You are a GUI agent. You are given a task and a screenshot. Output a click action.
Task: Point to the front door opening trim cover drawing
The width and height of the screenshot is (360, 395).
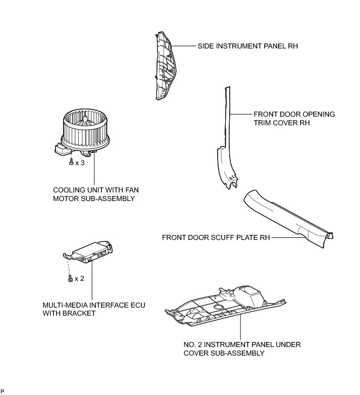[x=226, y=152]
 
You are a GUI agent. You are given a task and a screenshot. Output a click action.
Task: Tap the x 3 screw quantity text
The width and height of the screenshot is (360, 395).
[x=79, y=163]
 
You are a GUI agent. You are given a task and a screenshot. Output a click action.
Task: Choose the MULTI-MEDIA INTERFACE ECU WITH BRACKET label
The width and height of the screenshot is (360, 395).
[x=94, y=309]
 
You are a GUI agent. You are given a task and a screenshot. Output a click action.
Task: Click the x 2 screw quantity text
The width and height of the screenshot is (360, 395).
[x=79, y=278]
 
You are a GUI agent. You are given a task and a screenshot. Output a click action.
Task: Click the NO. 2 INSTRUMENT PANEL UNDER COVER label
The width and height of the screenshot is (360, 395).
[x=242, y=349]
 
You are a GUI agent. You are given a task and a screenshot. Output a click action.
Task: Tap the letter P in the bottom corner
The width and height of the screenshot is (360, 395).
[x=3, y=391]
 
